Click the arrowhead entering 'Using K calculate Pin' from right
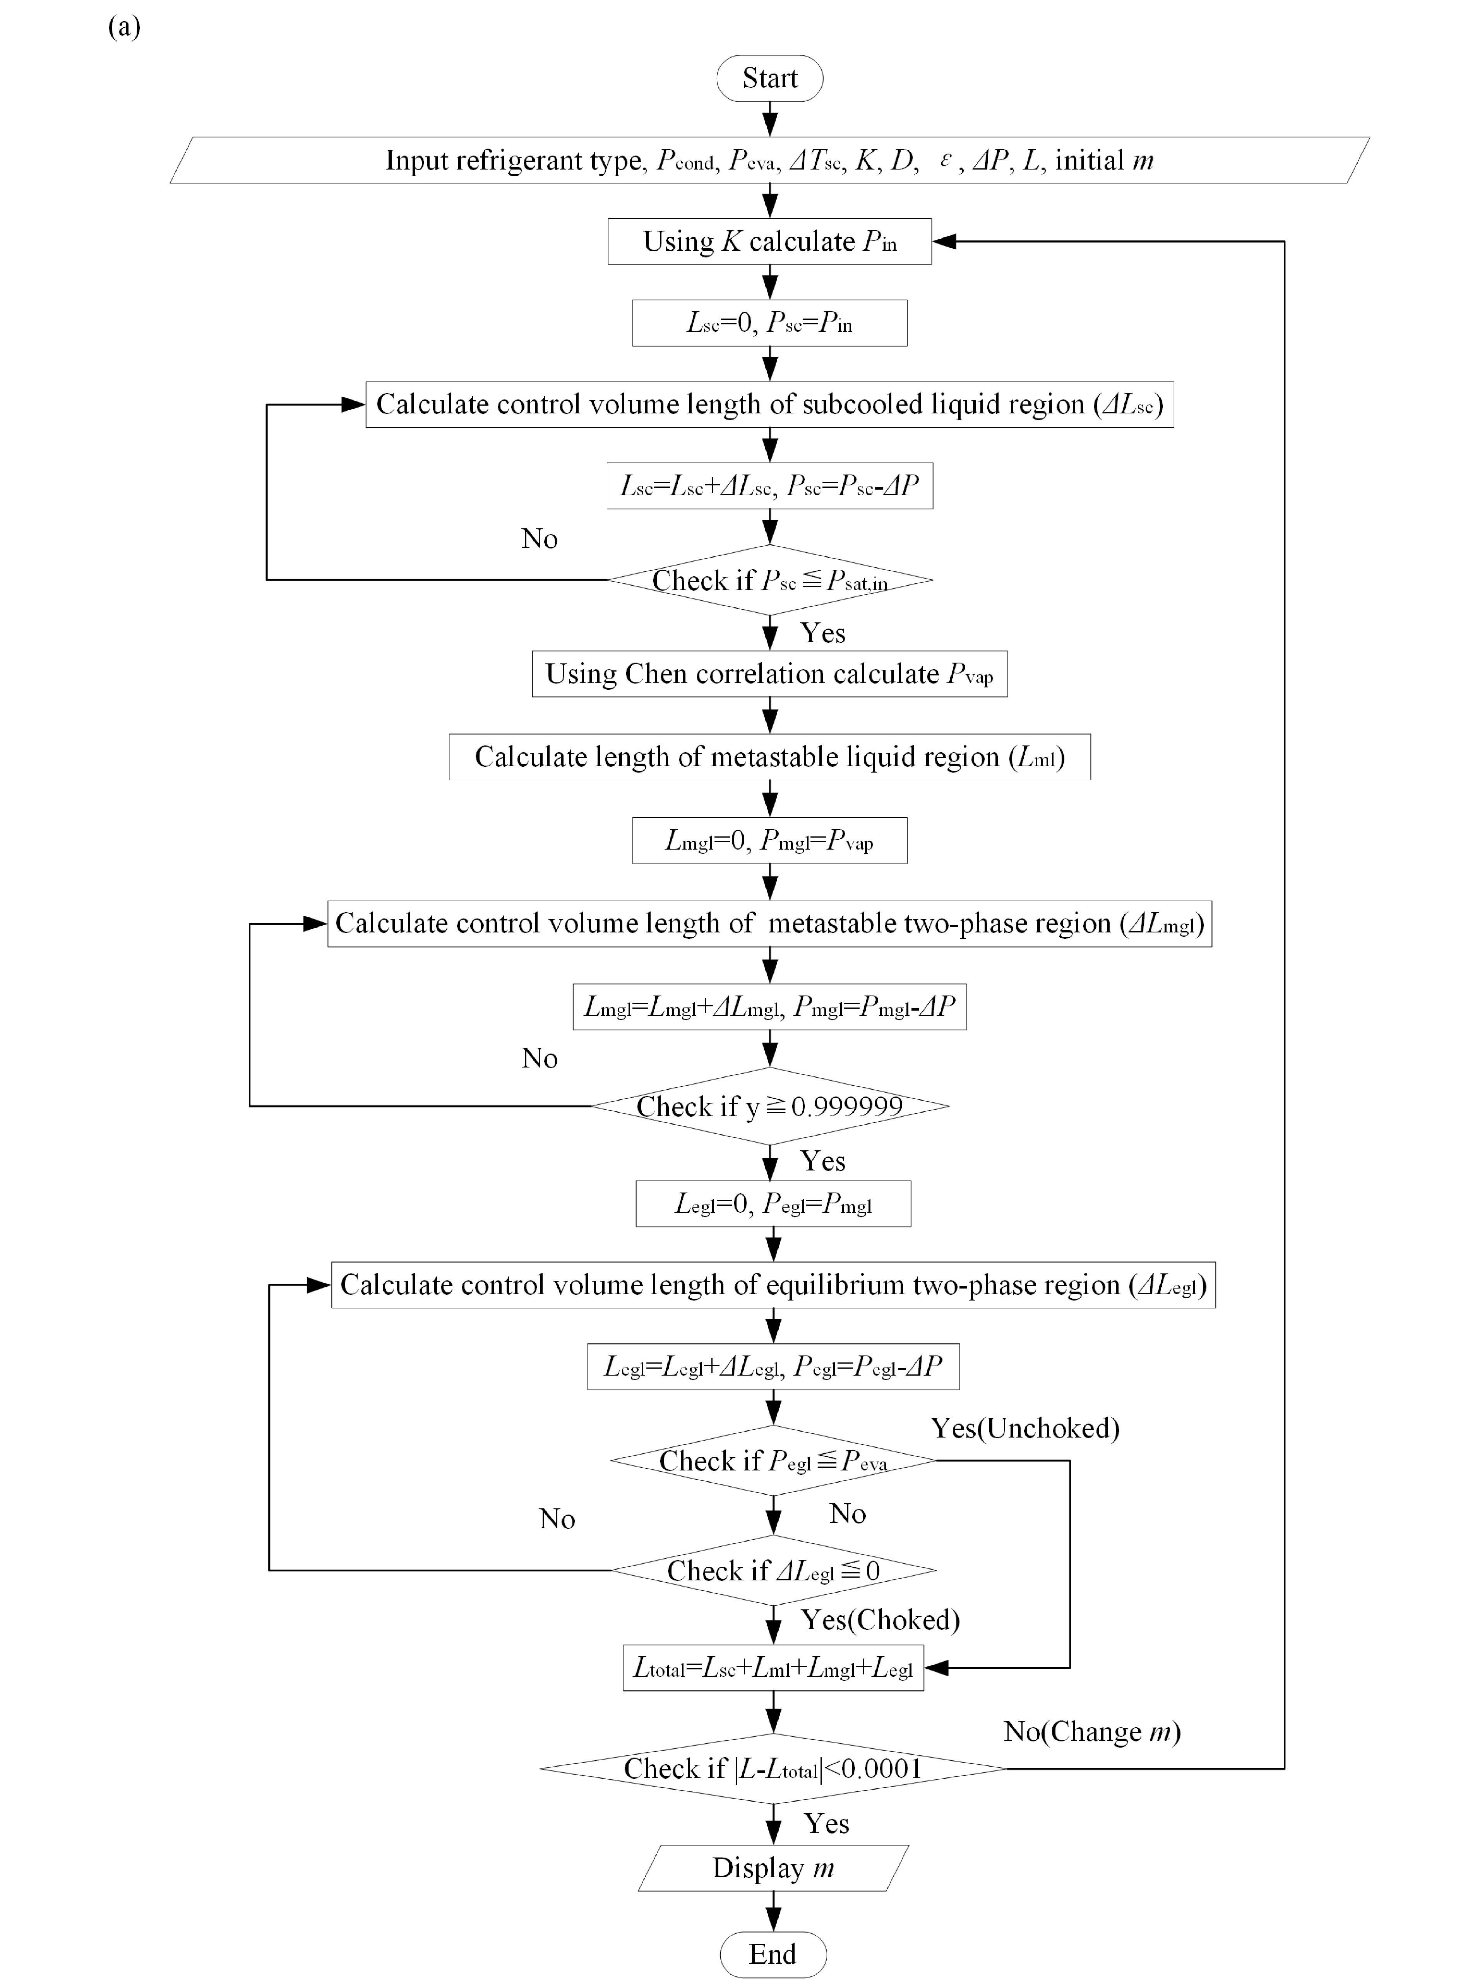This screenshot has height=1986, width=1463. click(x=944, y=241)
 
